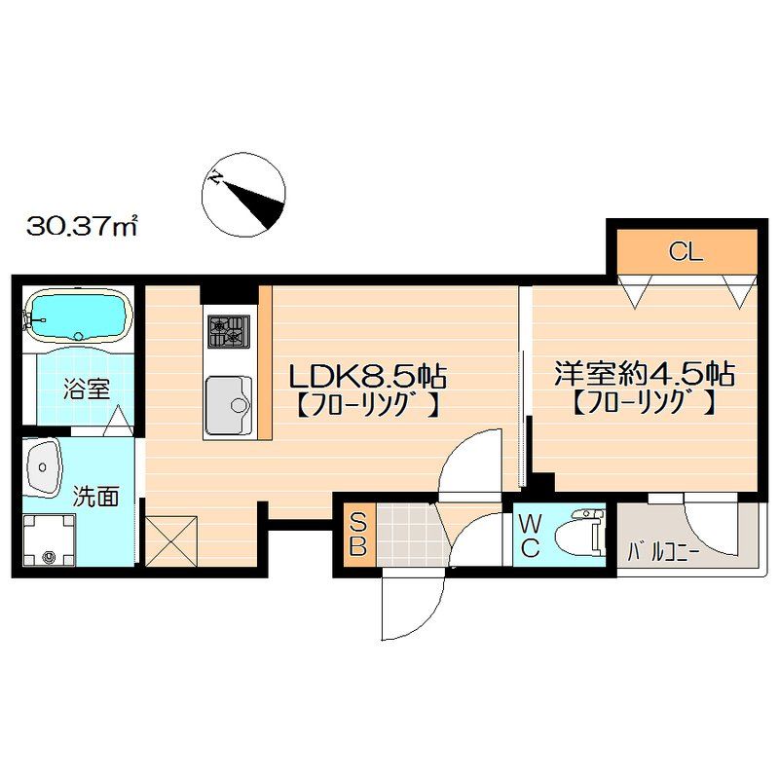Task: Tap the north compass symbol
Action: (244, 195)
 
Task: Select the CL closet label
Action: (686, 253)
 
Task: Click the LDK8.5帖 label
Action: (365, 373)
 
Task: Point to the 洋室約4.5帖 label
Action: (644, 373)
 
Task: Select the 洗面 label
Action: (97, 498)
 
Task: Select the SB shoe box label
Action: (357, 533)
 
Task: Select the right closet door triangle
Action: (739, 288)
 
